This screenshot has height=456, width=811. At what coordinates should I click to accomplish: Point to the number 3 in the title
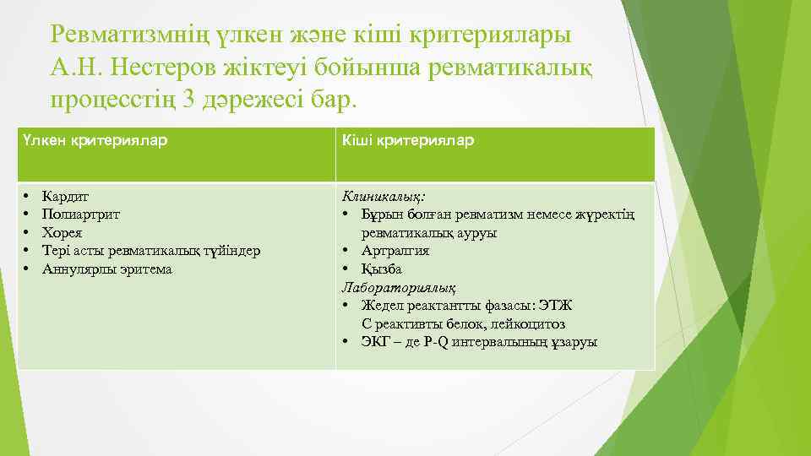coord(191,99)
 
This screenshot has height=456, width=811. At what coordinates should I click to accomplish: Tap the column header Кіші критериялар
coord(407,140)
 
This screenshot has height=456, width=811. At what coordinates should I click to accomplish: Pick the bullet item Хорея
coord(63,232)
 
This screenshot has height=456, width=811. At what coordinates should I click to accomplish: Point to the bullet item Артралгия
coord(395,251)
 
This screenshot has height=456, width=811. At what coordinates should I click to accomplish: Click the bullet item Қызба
coord(382,269)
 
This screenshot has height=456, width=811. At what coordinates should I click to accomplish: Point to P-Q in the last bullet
coord(436,342)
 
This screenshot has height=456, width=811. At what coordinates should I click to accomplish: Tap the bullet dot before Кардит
coord(27,196)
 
